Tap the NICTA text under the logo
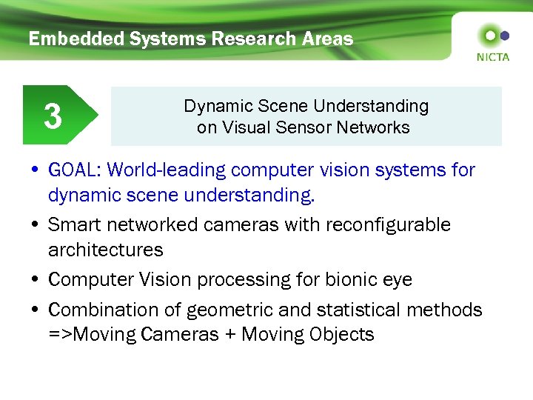(x=493, y=57)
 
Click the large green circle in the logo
(x=489, y=35)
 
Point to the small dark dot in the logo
(x=505, y=35)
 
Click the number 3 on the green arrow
(x=53, y=116)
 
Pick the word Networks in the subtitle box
(x=375, y=127)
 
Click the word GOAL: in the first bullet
(x=75, y=170)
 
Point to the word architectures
(x=106, y=250)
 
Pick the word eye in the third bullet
(x=397, y=280)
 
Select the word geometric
(x=224, y=310)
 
